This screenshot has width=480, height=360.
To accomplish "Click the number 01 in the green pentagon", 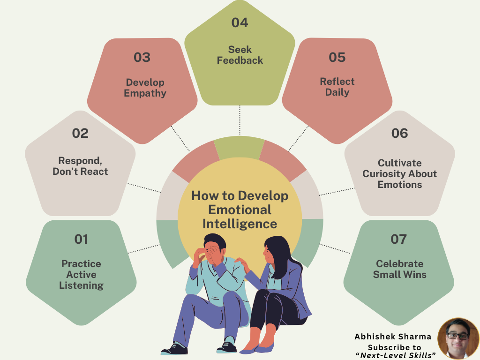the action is point(81,239).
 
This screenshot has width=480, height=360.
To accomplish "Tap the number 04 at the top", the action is point(240,22).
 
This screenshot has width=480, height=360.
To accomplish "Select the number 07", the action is point(398,239).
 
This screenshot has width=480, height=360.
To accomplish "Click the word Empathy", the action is point(145,93).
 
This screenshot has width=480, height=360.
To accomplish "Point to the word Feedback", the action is point(240,60).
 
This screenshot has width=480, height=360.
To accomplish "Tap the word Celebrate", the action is point(399,263).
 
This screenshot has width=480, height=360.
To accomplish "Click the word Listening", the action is point(81,285).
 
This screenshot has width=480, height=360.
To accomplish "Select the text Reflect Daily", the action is point(337,87).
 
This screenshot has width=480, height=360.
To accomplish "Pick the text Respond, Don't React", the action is point(80,166).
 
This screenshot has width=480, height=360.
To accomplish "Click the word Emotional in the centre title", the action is point(240,210).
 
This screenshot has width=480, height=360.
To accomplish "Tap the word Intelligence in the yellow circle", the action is point(240,224).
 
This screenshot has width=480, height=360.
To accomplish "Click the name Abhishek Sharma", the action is point(393,337).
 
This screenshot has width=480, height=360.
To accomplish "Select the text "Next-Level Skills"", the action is point(396,355).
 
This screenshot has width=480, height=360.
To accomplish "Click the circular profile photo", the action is point(458,338).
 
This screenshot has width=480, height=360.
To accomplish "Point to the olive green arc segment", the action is point(239,148).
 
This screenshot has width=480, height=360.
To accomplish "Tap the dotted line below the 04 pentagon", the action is point(240,120).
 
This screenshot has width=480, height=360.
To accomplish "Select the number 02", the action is point(80,133).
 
